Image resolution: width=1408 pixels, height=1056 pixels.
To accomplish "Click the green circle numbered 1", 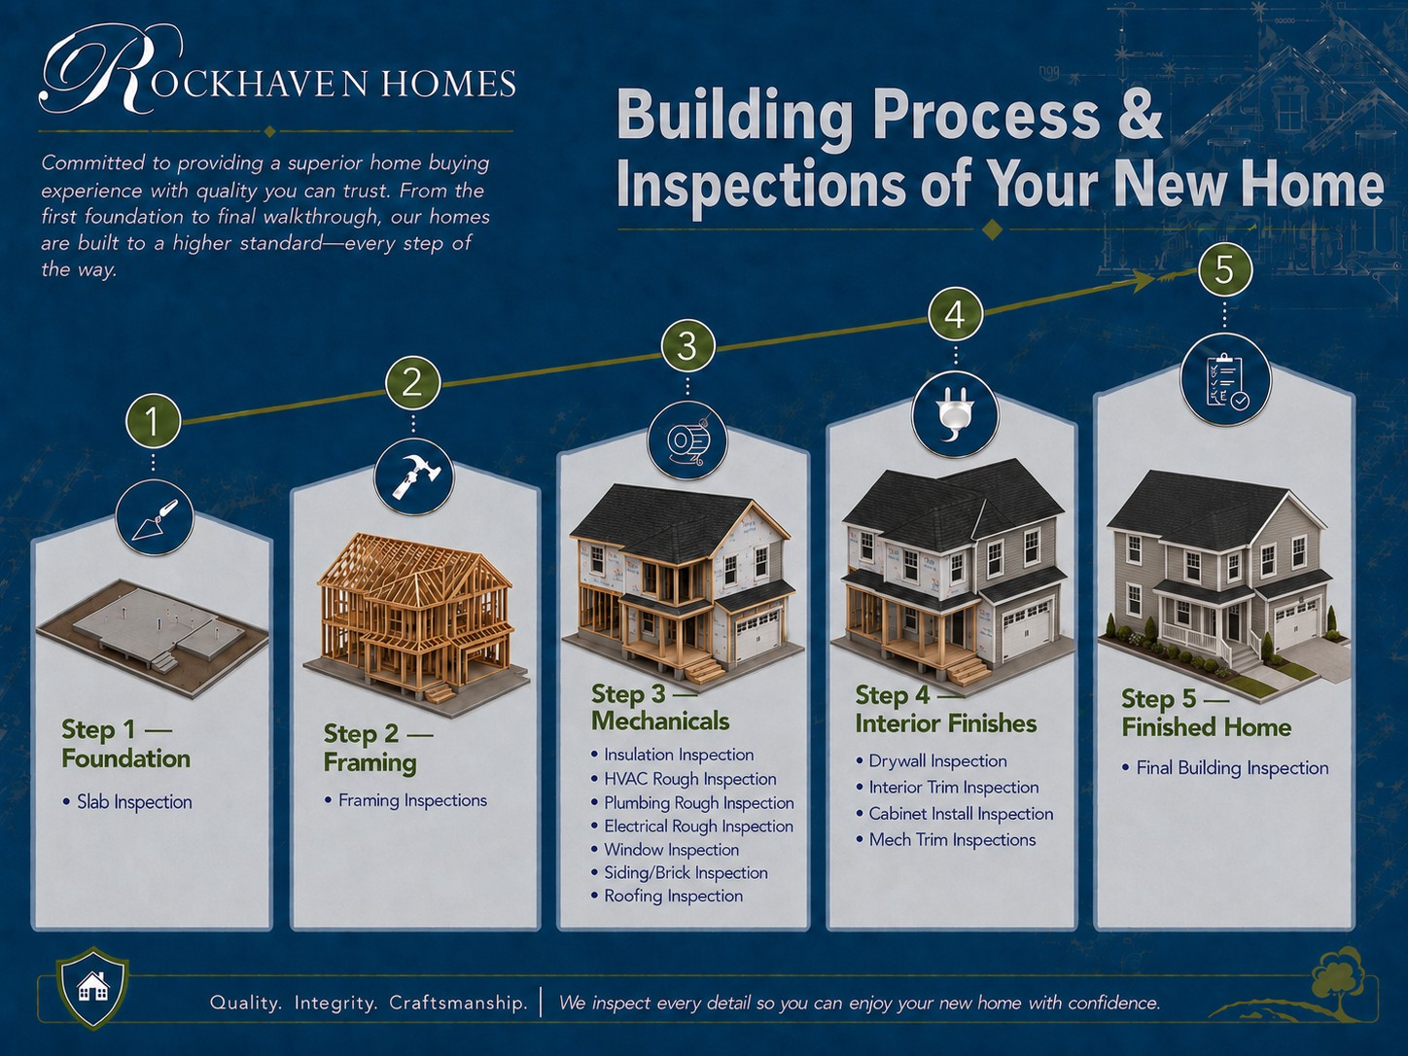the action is coord(153,422).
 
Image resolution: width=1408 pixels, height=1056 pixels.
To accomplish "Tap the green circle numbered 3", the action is coord(687,346).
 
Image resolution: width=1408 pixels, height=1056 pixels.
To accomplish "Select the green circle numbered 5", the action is coord(1224,270).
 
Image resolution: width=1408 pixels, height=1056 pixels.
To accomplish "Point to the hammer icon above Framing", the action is coord(413,475).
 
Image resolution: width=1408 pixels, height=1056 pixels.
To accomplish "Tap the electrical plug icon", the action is coord(955,418).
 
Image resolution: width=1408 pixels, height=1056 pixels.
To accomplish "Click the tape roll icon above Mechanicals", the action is coord(687,441).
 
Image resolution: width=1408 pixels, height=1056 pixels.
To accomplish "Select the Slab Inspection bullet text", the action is coord(127,802).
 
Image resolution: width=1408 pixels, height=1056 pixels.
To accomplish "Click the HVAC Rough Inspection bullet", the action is coord(684,779).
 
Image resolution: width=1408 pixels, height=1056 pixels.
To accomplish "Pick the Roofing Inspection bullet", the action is coord(667,896).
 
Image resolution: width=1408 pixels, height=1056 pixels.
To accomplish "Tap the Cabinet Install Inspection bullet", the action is coord(955,814).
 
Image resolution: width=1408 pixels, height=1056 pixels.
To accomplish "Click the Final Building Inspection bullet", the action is coord(1225,768).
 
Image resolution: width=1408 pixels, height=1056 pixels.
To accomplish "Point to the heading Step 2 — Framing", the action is coord(378,748).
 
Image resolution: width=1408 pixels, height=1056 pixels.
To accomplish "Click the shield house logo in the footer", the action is coord(92,988).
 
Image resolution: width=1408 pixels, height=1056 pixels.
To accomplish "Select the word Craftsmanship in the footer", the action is coord(458,1003).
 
